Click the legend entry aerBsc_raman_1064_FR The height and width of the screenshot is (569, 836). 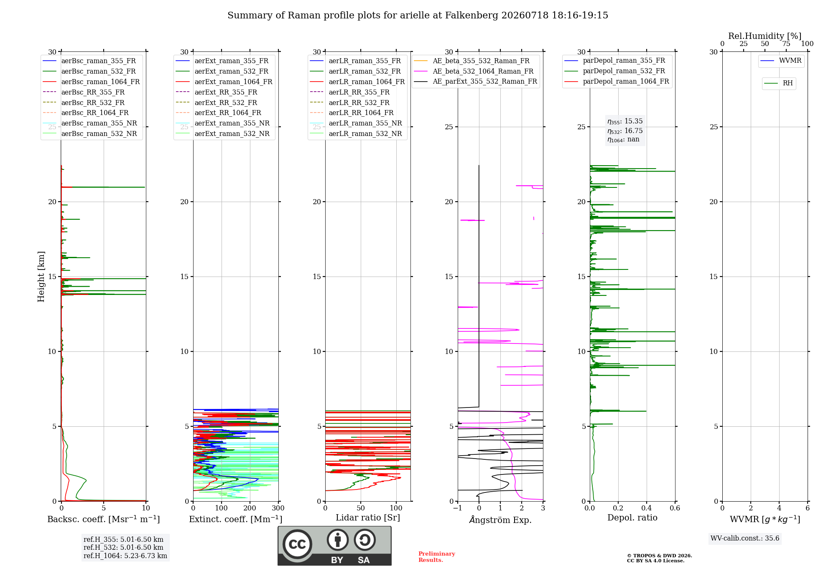coord(91,82)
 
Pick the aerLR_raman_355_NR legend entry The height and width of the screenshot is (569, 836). coord(356,123)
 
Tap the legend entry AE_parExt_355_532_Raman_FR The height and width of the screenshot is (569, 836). coord(476,82)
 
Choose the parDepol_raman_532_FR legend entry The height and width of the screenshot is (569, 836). coord(615,71)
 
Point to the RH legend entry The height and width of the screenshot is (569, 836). coord(779,83)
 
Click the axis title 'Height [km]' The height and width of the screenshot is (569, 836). coord(41,277)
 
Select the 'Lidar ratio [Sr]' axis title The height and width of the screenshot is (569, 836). coord(368,518)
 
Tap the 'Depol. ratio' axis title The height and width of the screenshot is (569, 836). coord(632,518)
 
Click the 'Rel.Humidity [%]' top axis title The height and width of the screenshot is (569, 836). coord(765,36)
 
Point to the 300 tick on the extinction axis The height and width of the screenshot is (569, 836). coord(278,508)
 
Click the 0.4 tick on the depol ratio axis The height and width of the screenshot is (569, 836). coord(647,508)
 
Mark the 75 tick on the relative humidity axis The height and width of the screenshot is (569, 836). coord(786,44)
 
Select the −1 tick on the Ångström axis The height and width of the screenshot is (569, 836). coord(458,508)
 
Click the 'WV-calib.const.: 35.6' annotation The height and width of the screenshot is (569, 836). coord(745,538)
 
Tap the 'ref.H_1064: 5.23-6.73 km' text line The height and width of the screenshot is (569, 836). coord(125,556)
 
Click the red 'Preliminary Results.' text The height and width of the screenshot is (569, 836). coord(437,557)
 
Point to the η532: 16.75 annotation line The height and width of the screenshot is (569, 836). coord(625,131)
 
